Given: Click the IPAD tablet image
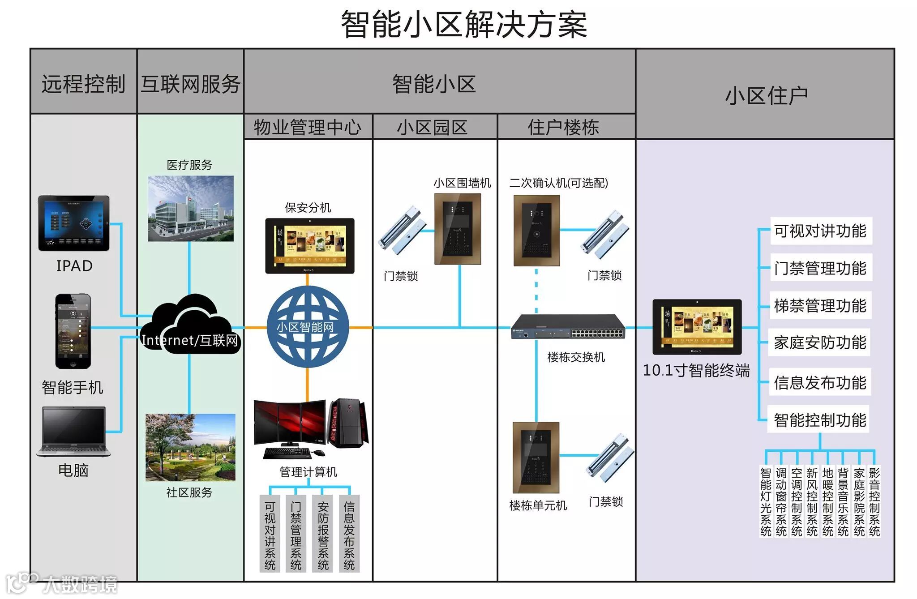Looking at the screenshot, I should pyautogui.click(x=74, y=223).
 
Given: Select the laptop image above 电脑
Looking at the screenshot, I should pyautogui.click(x=74, y=432).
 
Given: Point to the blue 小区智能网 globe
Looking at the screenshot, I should pyautogui.click(x=307, y=327).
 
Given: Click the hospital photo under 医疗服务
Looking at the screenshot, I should pyautogui.click(x=191, y=209).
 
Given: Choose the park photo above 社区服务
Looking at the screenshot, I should pyautogui.click(x=190, y=447).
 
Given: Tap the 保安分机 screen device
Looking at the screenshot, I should pyautogui.click(x=309, y=246).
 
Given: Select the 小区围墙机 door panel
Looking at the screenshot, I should pyautogui.click(x=458, y=229).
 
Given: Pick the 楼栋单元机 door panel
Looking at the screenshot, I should pyautogui.click(x=536, y=457).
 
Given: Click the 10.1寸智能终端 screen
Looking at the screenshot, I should pyautogui.click(x=697, y=327).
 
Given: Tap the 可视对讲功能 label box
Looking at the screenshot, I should pyautogui.click(x=820, y=231).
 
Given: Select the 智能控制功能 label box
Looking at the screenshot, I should pyautogui.click(x=819, y=420).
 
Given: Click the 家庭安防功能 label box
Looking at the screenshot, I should pyautogui.click(x=819, y=343).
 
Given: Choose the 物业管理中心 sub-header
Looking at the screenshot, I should pyautogui.click(x=308, y=127).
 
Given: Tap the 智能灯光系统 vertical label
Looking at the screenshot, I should pyautogui.click(x=766, y=501).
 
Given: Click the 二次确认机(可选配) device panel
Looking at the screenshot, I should pyautogui.click(x=536, y=230).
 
